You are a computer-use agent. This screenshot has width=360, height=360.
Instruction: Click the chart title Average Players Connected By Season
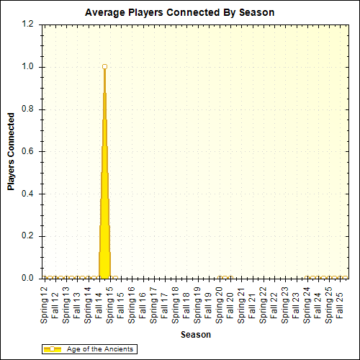[179, 12]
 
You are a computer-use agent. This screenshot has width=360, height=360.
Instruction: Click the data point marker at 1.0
[104, 67]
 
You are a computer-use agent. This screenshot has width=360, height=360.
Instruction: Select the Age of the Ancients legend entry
[100, 348]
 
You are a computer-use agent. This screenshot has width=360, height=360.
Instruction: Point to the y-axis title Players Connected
[11, 150]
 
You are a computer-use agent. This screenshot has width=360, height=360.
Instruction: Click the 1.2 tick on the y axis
[28, 24]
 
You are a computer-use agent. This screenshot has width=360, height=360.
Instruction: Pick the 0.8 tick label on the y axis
[28, 109]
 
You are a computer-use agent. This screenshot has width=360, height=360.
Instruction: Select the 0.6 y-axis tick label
[28, 152]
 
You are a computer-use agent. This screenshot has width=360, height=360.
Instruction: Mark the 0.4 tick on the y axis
[28, 194]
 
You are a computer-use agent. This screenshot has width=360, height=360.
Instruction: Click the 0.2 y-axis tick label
[28, 236]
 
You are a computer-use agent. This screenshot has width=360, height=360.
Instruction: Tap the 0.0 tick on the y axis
[28, 279]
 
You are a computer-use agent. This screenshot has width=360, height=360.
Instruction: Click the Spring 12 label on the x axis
[45, 303]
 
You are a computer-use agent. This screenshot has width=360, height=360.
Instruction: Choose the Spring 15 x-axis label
[110, 303]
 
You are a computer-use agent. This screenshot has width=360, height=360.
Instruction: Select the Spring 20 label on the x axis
[220, 303]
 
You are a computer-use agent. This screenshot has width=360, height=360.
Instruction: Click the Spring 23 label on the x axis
[285, 303]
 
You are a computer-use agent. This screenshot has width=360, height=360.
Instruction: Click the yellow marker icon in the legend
[52, 348]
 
